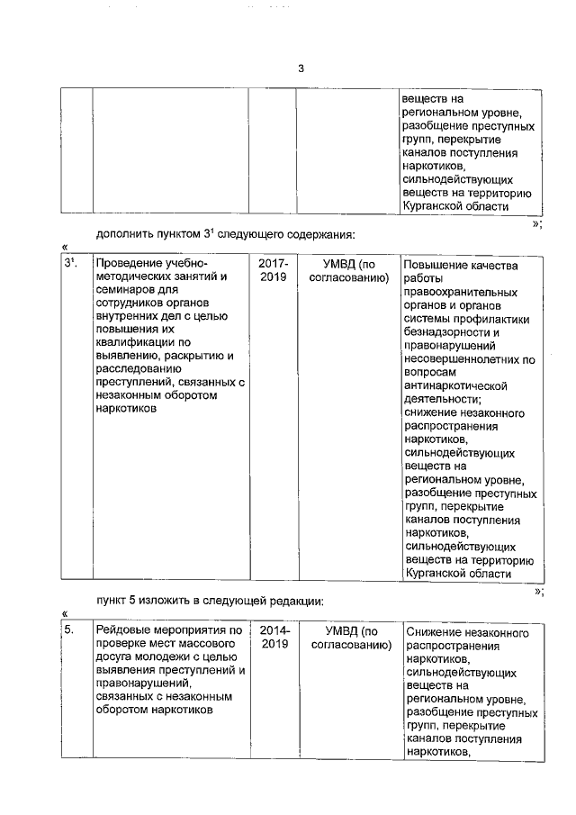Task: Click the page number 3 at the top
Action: click(301, 68)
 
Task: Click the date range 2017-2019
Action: click(273, 271)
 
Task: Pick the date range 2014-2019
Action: click(274, 638)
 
